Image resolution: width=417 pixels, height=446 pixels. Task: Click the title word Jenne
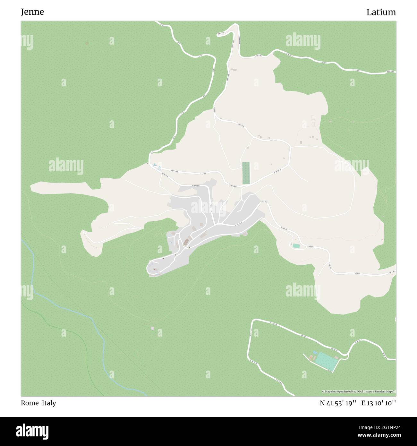(32, 12)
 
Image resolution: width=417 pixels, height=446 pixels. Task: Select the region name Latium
(381, 13)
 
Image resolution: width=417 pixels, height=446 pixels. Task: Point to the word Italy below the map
(48, 403)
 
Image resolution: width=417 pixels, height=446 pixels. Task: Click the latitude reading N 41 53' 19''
(338, 403)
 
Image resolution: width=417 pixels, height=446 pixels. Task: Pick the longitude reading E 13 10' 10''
(379, 403)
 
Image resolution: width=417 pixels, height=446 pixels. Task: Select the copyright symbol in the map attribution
(323, 392)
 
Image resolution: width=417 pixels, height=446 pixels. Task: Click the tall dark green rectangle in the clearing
(246, 173)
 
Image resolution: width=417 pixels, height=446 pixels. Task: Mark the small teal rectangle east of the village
(296, 246)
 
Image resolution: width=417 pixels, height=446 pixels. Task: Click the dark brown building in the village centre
(186, 241)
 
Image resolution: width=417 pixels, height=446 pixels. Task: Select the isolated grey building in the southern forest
(152, 328)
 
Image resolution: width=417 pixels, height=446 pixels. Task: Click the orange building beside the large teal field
(311, 357)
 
